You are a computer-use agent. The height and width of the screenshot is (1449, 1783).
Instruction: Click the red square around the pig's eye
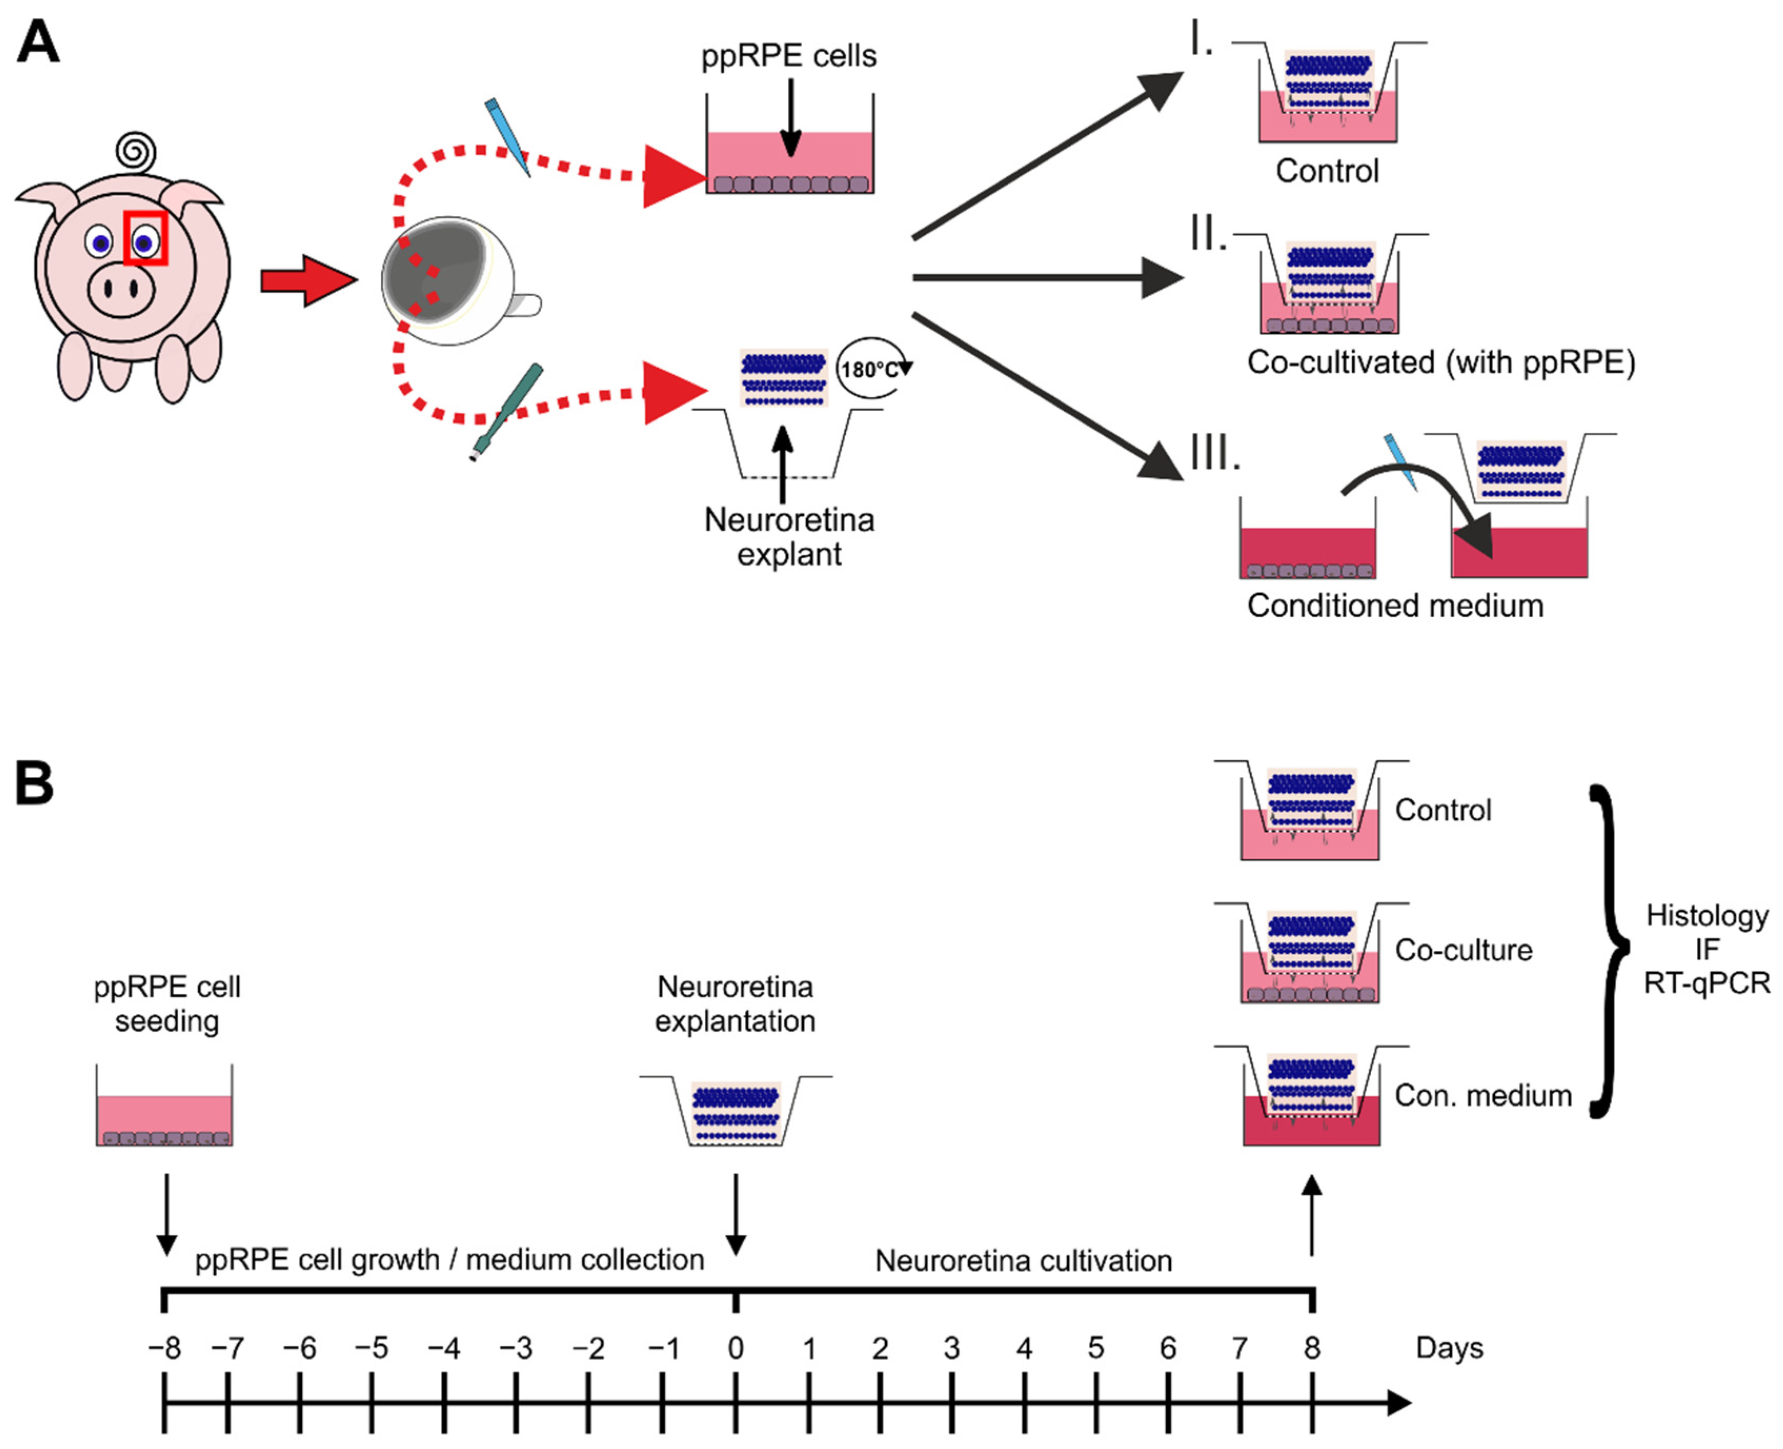pyautogui.click(x=146, y=238)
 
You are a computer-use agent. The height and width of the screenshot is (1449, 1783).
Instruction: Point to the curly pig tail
pyautogui.click(x=136, y=152)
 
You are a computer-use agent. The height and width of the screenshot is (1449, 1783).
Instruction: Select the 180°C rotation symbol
pyautogui.click(x=870, y=369)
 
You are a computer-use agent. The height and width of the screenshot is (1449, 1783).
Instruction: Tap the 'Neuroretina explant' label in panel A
pyautogui.click(x=788, y=537)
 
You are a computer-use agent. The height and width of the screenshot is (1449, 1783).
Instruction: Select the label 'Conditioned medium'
pyautogui.click(x=1394, y=606)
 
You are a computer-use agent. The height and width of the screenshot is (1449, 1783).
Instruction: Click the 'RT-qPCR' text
pyautogui.click(x=1706, y=983)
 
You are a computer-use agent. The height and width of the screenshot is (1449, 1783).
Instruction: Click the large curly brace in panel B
pyautogui.click(x=1608, y=950)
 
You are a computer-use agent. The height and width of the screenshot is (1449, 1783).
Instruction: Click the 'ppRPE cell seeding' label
pyautogui.click(x=167, y=1003)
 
